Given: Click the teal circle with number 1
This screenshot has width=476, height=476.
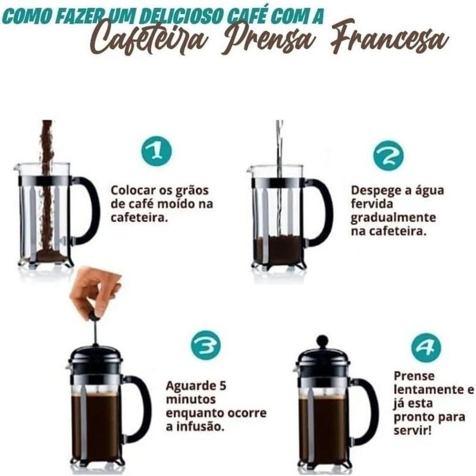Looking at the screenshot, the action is point(156,151).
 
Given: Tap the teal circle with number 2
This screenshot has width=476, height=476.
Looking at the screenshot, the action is point(389,155).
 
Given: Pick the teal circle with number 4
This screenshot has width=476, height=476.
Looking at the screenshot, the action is point(426,347).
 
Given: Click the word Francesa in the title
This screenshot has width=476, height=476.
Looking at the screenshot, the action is point(389,40).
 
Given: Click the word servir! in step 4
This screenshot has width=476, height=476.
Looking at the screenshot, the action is point(412,430).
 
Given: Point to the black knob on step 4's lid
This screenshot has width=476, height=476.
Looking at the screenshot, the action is point(322,340).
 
